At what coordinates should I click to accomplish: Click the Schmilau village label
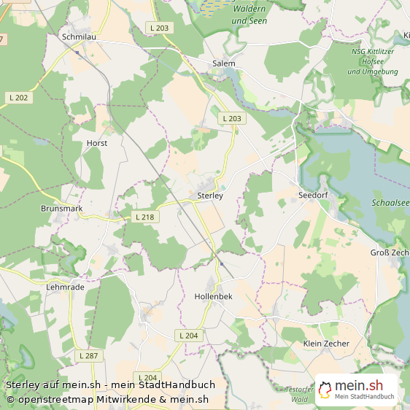tap(80, 36)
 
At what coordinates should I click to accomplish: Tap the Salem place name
tap(223, 63)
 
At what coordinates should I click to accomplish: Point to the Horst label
tap(97, 143)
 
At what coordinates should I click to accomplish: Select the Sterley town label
tap(209, 196)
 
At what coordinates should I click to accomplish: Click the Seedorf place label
tap(314, 196)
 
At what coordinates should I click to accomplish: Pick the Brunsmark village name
tap(61, 209)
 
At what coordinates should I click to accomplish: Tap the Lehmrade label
tap(65, 287)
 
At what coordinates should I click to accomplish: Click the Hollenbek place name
tap(213, 297)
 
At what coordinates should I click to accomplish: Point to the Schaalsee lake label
tap(390, 204)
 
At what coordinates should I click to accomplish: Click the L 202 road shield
tap(20, 98)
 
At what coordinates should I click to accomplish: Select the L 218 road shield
tap(145, 217)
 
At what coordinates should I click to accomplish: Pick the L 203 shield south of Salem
tap(231, 118)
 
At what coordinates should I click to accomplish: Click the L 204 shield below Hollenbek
tap(187, 335)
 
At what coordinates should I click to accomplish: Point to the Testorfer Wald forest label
tap(299, 395)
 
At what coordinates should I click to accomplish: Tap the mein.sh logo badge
tap(357, 390)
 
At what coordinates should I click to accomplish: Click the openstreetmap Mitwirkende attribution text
tap(107, 399)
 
